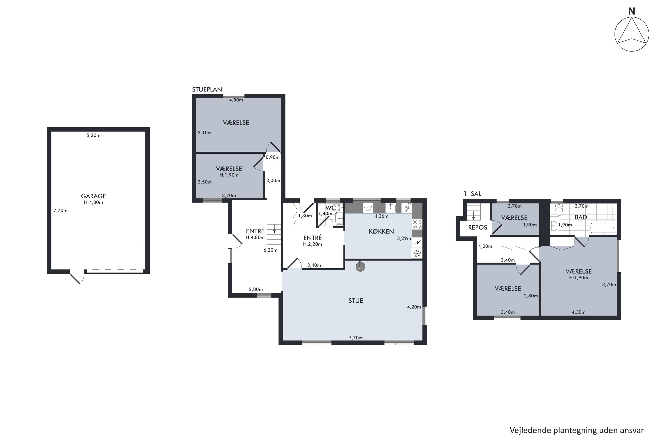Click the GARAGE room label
click(x=94, y=196)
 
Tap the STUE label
click(x=356, y=301)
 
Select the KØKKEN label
click(x=381, y=231)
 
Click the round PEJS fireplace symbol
click(x=360, y=267)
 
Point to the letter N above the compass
click(x=632, y=11)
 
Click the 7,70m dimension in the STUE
click(x=356, y=338)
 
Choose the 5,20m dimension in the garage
click(x=94, y=135)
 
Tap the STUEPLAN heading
click(x=207, y=89)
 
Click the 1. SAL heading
click(x=472, y=194)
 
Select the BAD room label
click(x=581, y=217)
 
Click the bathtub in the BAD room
click(x=603, y=227)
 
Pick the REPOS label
click(x=478, y=227)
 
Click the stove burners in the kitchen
click(x=417, y=224)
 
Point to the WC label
click(x=331, y=208)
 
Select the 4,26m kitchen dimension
click(x=381, y=216)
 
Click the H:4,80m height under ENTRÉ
click(x=255, y=237)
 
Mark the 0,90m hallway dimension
click(x=273, y=157)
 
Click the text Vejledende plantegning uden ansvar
click(x=576, y=431)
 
